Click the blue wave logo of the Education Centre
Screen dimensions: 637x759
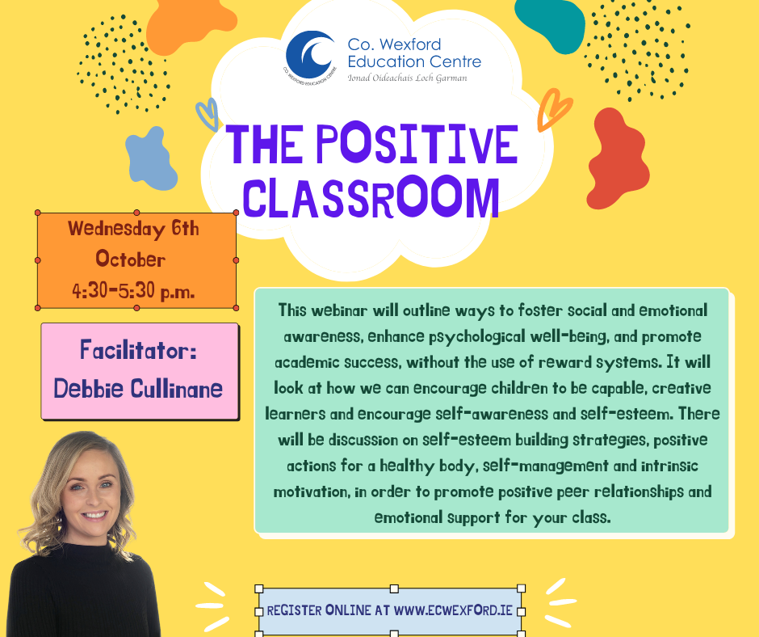(x=311, y=54)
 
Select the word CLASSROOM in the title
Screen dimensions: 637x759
(x=371, y=196)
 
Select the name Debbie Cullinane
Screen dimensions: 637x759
(x=138, y=388)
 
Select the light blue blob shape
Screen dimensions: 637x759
(x=150, y=158)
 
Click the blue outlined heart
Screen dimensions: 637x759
(x=208, y=113)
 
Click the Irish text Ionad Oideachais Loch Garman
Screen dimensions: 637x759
(x=406, y=78)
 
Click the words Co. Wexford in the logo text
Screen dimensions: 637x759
(x=394, y=44)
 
